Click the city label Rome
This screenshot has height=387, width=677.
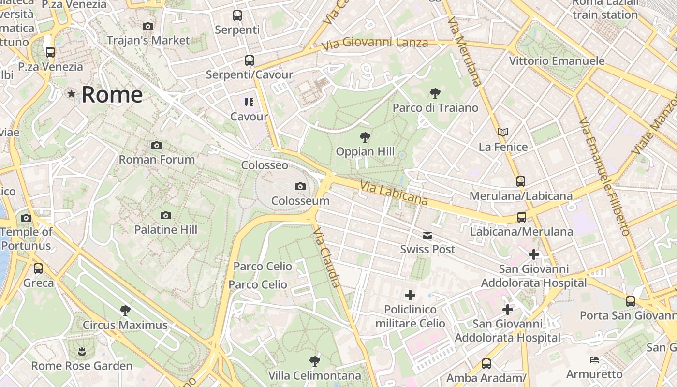coord(112,94)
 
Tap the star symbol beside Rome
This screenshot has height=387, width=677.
coord(72,94)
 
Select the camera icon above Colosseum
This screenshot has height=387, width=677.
coord(300,186)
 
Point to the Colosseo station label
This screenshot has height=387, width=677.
coord(265,165)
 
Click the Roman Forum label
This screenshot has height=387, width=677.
coord(157,159)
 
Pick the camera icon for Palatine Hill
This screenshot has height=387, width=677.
coord(166,215)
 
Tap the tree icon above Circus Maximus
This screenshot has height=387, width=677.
coord(125,310)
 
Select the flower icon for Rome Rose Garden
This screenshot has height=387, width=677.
coord(82,351)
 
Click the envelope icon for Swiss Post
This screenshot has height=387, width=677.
coord(427,236)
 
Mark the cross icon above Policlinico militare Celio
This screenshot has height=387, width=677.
coord(410,295)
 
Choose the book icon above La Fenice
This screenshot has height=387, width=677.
coord(503,132)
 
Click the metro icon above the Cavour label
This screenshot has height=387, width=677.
coord(249,102)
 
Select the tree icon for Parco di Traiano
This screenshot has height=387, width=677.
coord(435,93)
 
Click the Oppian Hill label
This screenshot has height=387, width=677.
coord(365,151)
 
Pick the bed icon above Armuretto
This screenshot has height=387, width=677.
coord(594,359)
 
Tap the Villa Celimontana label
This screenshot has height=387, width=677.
coord(314,375)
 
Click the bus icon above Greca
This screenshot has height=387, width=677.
coord(38,268)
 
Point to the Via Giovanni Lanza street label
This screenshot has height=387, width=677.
coord(375,44)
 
